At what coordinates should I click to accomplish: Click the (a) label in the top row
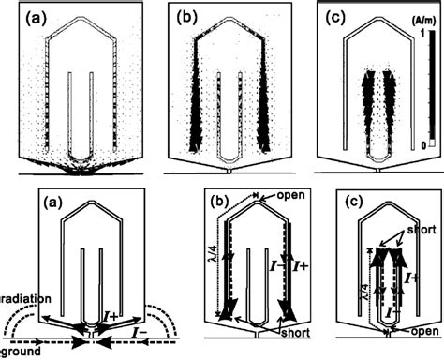(x=36, y=19)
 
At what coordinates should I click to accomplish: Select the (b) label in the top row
(x=187, y=19)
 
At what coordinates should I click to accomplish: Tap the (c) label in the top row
(x=335, y=19)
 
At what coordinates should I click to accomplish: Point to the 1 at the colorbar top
(x=422, y=34)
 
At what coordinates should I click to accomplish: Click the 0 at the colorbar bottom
(x=423, y=145)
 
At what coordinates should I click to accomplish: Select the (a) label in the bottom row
(x=52, y=202)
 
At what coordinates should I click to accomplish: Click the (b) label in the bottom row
(x=221, y=202)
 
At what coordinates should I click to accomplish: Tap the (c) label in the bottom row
(x=353, y=202)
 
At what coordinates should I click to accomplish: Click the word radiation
(x=25, y=299)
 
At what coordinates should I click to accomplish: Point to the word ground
(x=21, y=352)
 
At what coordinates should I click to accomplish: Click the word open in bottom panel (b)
(x=290, y=195)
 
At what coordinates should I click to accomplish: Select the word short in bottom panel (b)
(x=295, y=332)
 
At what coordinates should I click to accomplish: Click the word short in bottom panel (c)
(x=422, y=230)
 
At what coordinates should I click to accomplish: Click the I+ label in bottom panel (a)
(x=111, y=317)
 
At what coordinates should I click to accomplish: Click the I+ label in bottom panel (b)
(x=300, y=266)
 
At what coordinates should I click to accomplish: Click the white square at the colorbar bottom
(x=432, y=143)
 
